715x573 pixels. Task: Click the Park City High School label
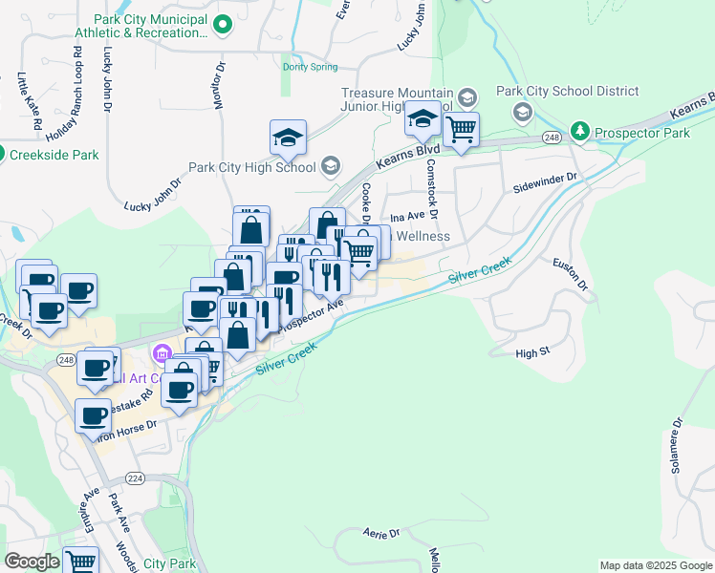tap(251, 167)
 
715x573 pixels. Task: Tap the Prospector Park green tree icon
tap(579, 130)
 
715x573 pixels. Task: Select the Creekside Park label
tap(54, 154)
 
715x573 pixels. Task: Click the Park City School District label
tap(567, 91)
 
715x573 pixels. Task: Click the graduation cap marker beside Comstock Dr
tap(422, 119)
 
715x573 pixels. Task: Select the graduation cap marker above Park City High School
tap(288, 138)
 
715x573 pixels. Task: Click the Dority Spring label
tap(310, 67)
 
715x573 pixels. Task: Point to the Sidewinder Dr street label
tap(546, 179)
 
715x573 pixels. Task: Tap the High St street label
tap(532, 352)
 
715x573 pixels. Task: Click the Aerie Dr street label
tap(379, 533)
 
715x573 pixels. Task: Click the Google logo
tap(32, 562)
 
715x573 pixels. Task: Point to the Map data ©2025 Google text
tap(655, 565)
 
